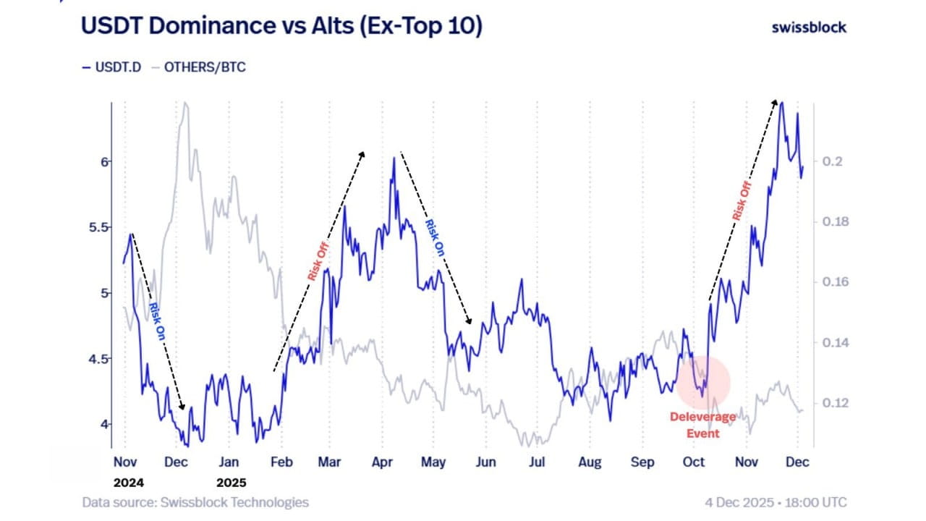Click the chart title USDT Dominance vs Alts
click(281, 26)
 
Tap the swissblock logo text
click(809, 27)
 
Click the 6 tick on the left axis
click(104, 161)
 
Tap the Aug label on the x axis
click(590, 462)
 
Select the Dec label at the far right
click(799, 462)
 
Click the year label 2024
click(126, 483)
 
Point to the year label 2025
click(229, 483)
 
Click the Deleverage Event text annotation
click(702, 425)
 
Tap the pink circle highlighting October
click(703, 384)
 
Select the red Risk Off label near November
click(741, 201)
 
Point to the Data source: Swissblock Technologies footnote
click(195, 502)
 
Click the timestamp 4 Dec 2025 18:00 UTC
click(776, 502)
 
